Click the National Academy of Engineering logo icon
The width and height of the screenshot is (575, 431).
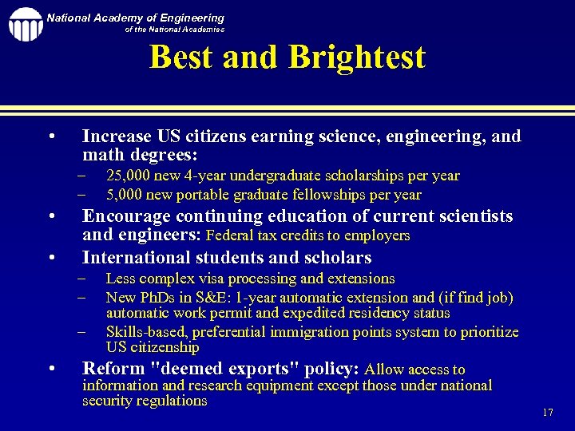25,24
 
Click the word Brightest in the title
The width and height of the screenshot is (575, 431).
357,57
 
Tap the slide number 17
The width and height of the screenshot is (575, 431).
548,413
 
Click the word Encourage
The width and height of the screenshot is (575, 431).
126,216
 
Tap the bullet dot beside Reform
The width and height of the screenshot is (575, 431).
51,369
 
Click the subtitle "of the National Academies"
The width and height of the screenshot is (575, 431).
175,30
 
